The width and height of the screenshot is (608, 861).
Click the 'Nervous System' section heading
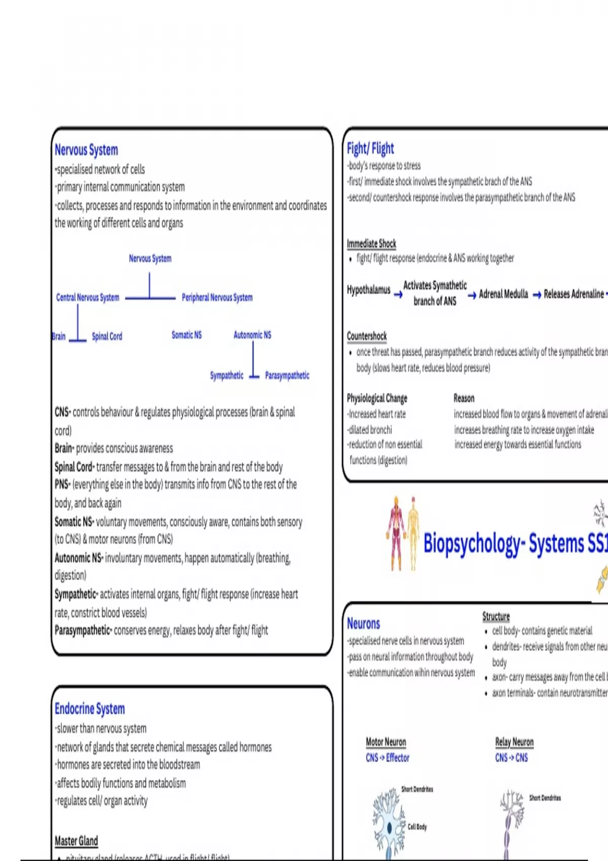tap(86, 150)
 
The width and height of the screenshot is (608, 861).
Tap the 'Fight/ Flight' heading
tap(370, 148)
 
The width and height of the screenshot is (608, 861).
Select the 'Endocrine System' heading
tap(90, 709)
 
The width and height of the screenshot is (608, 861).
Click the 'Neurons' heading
tap(363, 623)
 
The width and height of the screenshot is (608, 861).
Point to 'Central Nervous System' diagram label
tap(88, 297)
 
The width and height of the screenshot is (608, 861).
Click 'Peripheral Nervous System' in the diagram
tap(217, 297)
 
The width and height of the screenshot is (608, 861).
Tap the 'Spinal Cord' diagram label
tap(107, 336)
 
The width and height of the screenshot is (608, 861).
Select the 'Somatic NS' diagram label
tap(186, 335)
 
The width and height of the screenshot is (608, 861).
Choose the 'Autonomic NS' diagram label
tap(252, 335)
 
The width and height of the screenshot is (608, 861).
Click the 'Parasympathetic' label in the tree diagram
tap(287, 375)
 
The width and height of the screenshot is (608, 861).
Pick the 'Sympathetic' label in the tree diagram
tap(226, 375)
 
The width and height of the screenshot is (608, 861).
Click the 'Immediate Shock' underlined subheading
tap(371, 244)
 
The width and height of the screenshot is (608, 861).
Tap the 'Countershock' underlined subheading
tap(366, 336)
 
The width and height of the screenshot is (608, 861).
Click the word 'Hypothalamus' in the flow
tap(368, 290)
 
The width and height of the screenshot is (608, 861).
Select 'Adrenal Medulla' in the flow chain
tap(503, 294)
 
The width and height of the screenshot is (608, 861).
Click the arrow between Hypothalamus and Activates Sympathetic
tap(398, 294)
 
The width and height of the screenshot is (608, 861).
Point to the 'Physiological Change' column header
tap(377, 398)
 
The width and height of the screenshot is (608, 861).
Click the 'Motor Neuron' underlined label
tap(386, 742)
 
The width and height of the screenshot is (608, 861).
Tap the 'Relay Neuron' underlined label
tap(514, 742)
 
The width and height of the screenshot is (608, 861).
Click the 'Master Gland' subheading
tap(76, 841)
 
